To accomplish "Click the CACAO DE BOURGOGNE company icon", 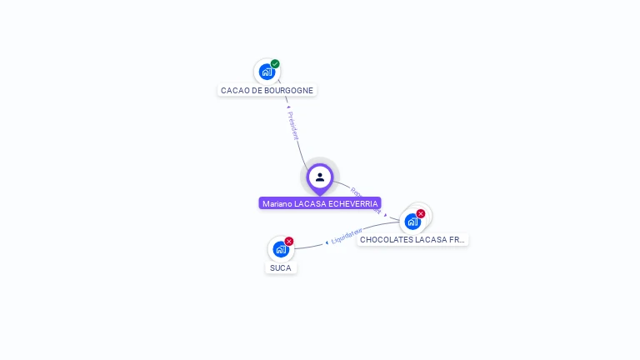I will pyautogui.click(x=267, y=72).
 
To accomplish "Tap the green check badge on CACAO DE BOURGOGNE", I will pyautogui.click(x=275, y=64).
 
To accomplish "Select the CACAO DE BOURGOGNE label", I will pyautogui.click(x=267, y=90).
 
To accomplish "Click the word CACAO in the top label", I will pyautogui.click(x=232, y=90).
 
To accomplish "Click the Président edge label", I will pyautogui.click(x=292, y=125).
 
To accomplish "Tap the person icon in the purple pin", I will pyautogui.click(x=320, y=177).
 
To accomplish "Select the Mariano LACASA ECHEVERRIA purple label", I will pyautogui.click(x=320, y=203).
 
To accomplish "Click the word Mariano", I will pyautogui.click(x=277, y=203).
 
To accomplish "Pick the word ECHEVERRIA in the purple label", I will pyautogui.click(x=353, y=203).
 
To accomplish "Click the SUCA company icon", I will pyautogui.click(x=281, y=249).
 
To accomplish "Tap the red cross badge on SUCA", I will pyautogui.click(x=289, y=242).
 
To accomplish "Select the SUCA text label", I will pyautogui.click(x=281, y=267).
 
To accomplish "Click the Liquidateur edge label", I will pyautogui.click(x=347, y=236).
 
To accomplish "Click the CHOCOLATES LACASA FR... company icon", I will pyautogui.click(x=412, y=222).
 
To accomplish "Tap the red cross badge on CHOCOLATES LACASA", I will pyautogui.click(x=421, y=214).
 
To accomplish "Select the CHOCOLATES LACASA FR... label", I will pyautogui.click(x=412, y=239).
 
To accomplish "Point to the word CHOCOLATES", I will pyautogui.click(x=384, y=239).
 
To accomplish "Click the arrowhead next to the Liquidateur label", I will pyautogui.click(x=327, y=242).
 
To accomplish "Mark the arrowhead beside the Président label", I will pyautogui.click(x=287, y=107).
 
